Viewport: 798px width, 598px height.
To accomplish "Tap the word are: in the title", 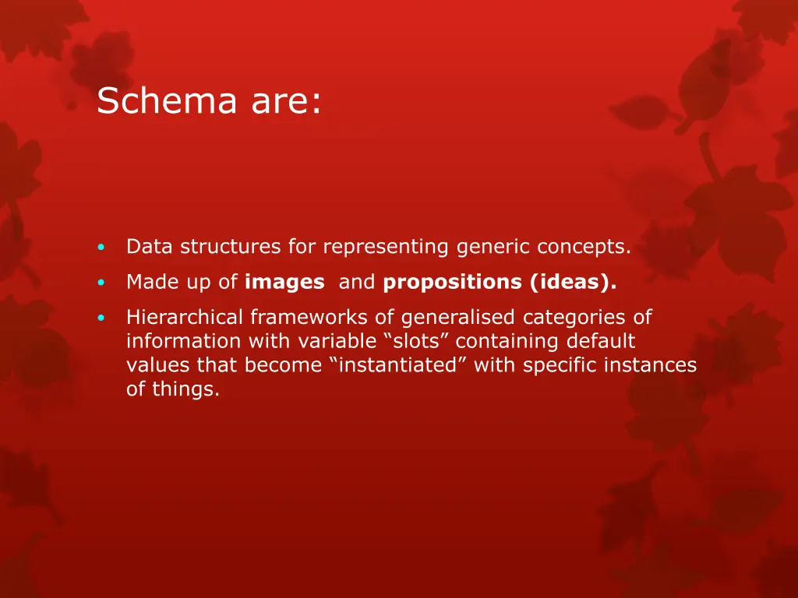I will tap(286, 101).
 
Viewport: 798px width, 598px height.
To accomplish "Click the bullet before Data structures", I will tap(101, 248).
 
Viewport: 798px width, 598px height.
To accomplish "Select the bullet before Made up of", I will tap(101, 283).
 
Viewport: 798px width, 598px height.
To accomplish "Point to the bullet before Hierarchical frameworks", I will tap(101, 318).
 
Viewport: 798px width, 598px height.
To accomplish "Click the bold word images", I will tap(284, 283).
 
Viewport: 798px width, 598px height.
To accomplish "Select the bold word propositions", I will tap(453, 283).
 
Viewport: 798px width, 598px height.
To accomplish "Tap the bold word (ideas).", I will tap(574, 283).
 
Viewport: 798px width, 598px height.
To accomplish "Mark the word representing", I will tap(386, 248).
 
